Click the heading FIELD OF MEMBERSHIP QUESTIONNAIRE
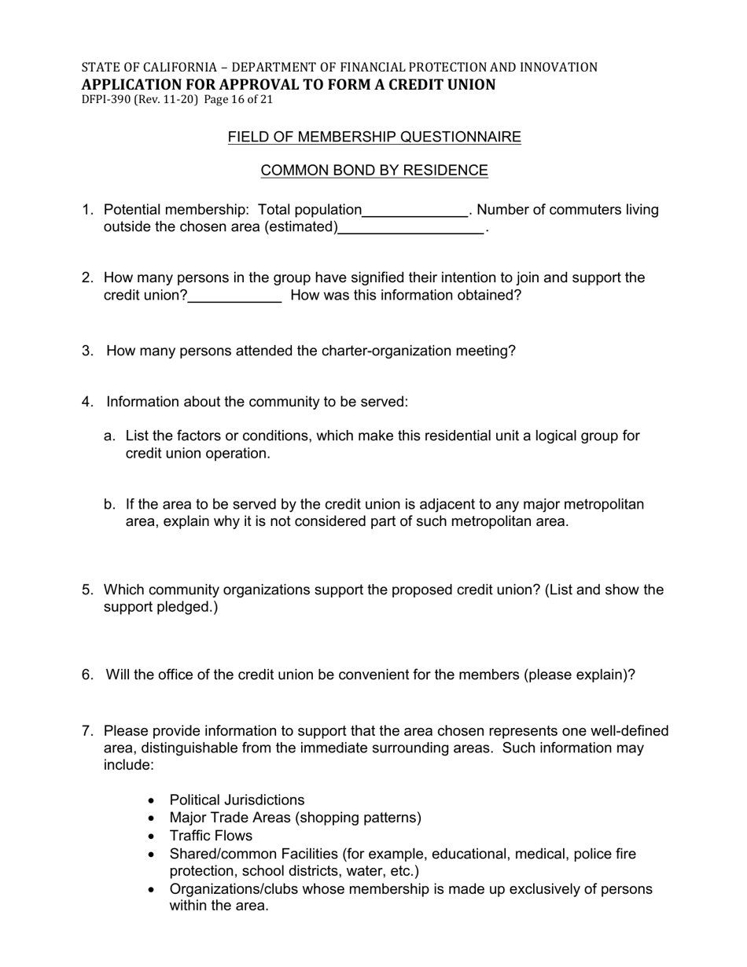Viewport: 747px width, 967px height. [x=374, y=138]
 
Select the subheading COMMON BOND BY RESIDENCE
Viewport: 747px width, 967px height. [x=374, y=171]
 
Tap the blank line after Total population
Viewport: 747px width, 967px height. [x=415, y=211]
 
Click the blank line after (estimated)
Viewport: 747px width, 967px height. [x=411, y=229]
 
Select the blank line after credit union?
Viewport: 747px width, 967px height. [x=235, y=296]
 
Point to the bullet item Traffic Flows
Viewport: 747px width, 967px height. [x=211, y=836]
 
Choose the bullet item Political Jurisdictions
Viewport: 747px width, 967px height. [x=237, y=800]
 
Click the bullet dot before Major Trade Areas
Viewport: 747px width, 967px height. [x=152, y=818]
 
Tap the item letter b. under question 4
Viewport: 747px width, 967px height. [x=110, y=504]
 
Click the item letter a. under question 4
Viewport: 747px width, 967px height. [x=110, y=436]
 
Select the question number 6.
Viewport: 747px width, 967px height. [x=87, y=675]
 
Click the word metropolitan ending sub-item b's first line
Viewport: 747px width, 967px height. [x=600, y=504]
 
